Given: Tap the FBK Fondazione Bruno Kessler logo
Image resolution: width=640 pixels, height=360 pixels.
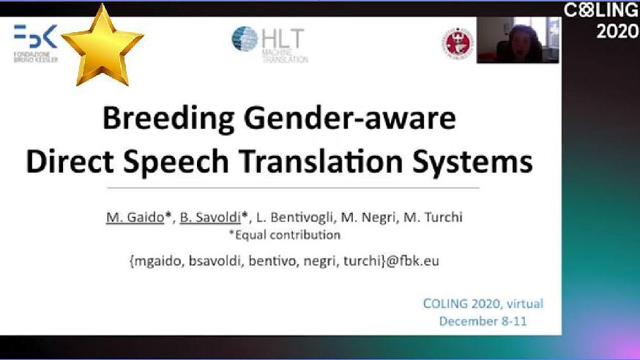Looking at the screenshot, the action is click(x=36, y=43).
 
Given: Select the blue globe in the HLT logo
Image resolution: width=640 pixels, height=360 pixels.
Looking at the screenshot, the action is click(x=245, y=39).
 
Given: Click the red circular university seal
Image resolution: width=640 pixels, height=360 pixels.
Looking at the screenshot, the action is click(x=458, y=42).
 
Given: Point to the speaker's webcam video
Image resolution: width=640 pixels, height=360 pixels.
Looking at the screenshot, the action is click(x=518, y=40).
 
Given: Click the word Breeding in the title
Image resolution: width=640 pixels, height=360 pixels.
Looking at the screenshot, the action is click(x=168, y=119).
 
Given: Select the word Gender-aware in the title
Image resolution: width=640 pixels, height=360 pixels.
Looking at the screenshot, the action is click(x=350, y=119).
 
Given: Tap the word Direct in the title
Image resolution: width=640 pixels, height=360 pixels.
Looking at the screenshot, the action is click(x=70, y=162).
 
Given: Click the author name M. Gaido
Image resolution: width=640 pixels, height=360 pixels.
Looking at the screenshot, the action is click(x=135, y=217).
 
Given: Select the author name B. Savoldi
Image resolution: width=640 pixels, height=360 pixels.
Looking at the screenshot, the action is click(x=210, y=217).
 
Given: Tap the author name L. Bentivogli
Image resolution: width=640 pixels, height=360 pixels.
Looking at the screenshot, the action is click(x=294, y=217).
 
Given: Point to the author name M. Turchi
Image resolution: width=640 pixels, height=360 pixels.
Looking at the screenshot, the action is click(x=433, y=217).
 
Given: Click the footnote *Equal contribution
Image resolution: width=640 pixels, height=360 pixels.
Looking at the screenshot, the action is click(x=285, y=235).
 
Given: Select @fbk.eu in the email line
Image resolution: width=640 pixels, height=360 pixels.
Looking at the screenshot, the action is click(x=413, y=260).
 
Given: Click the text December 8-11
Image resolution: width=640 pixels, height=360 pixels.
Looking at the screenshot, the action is click(x=483, y=321).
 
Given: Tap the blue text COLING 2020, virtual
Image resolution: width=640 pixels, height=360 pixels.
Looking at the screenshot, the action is click(x=483, y=304).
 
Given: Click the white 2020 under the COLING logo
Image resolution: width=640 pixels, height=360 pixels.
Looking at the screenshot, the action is click(x=617, y=31).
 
